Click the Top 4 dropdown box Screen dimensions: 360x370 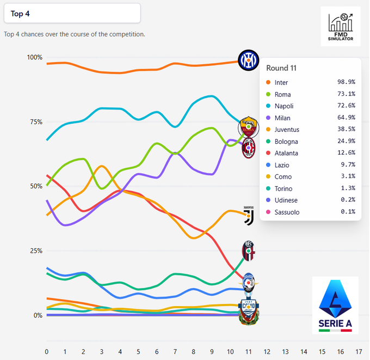72,14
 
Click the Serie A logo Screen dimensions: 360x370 335,304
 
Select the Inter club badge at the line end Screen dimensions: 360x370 249,59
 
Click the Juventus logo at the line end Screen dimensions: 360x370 249,216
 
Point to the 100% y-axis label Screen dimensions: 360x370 34,58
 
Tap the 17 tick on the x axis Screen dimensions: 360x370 359,351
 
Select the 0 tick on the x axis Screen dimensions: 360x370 47,351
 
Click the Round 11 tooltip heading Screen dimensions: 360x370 281,68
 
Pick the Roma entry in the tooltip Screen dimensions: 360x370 282,94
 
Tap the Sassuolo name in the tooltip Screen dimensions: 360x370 288,212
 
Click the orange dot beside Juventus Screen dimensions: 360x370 267,130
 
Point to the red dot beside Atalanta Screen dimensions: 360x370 267,153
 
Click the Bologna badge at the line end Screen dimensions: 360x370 249,251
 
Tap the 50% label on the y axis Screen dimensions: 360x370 36,186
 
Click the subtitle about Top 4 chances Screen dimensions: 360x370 75,34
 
